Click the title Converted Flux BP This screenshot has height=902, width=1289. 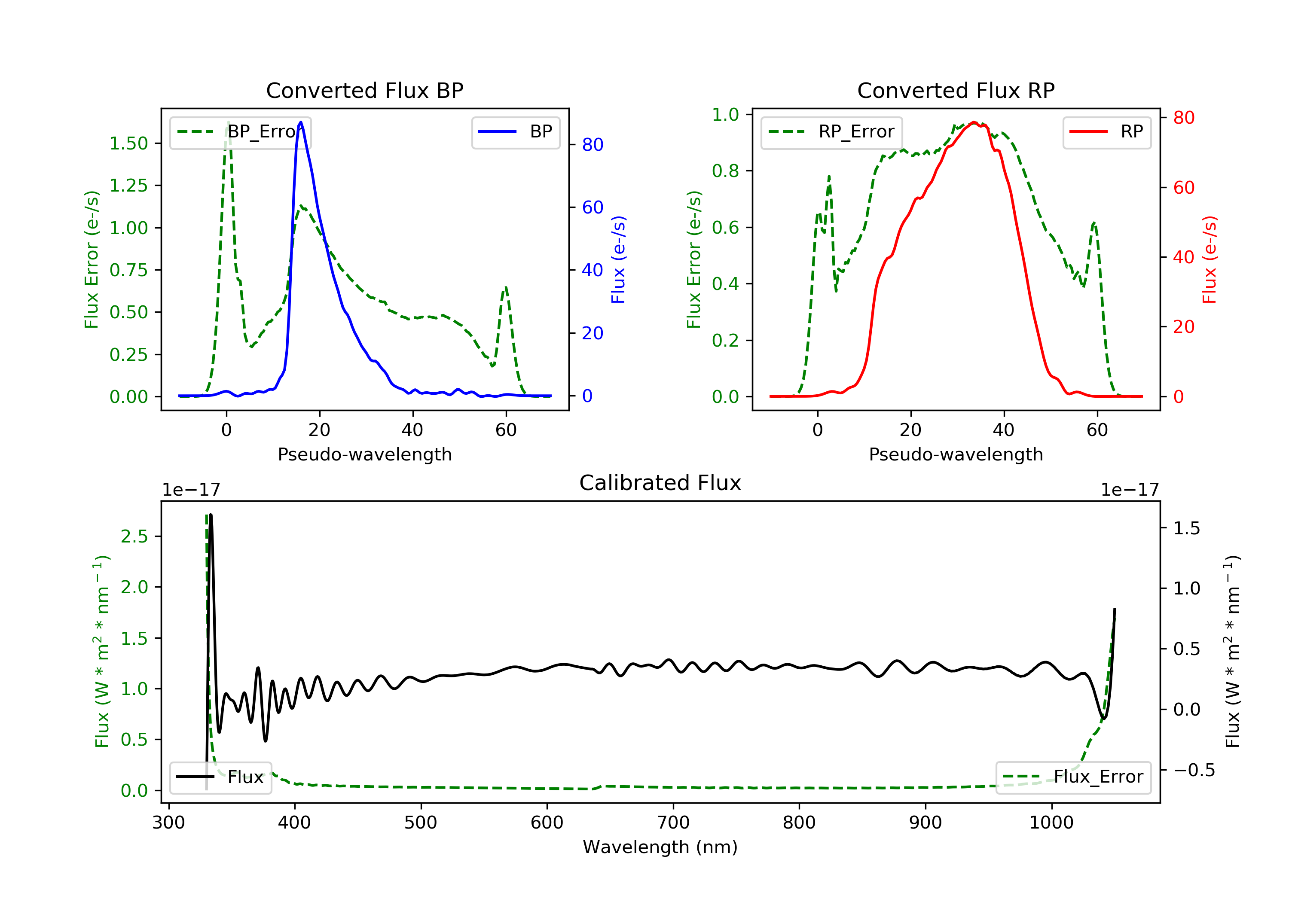(x=364, y=90)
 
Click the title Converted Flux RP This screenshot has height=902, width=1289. (x=956, y=90)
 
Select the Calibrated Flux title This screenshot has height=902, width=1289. (x=660, y=483)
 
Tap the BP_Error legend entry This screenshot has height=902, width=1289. (x=240, y=132)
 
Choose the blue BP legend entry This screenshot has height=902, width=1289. (x=515, y=132)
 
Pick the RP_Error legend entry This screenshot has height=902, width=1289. (x=831, y=132)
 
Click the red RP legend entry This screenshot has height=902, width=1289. (x=1106, y=132)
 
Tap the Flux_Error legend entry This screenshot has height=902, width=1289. (x=1073, y=777)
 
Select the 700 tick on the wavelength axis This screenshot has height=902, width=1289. (x=673, y=823)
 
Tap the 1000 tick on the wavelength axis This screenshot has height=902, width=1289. (x=1051, y=823)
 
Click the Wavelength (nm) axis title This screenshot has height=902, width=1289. (x=660, y=847)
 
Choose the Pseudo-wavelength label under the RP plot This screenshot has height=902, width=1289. (x=956, y=454)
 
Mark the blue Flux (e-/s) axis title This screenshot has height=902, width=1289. (x=618, y=260)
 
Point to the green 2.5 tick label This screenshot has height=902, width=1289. (x=134, y=536)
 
